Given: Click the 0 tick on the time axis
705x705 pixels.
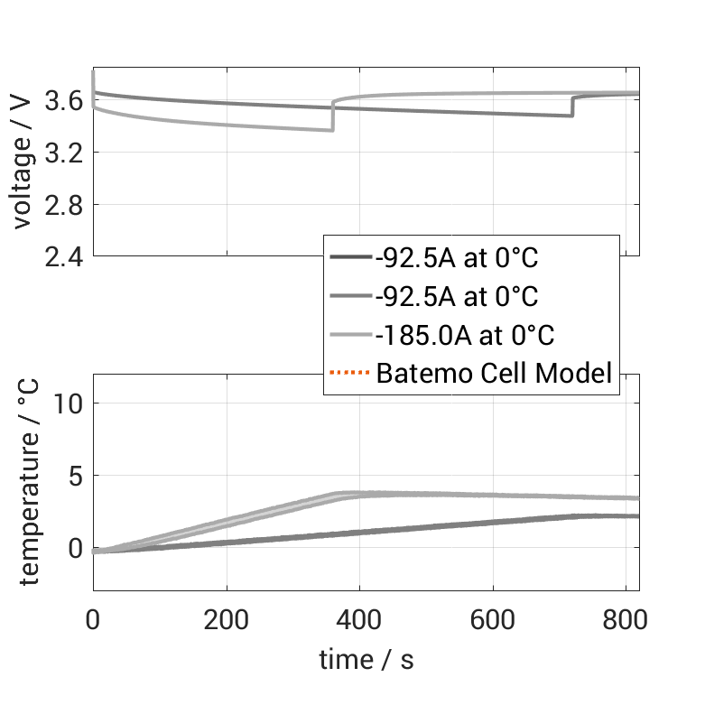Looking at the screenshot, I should (93, 620).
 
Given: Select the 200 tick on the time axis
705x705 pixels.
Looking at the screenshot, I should (227, 620).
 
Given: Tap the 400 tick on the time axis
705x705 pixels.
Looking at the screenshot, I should (360, 620).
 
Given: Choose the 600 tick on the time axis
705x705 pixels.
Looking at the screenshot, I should (493, 620).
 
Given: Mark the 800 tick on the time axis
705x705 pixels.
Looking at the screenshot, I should (626, 620).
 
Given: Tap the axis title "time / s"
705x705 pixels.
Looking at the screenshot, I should (366, 660).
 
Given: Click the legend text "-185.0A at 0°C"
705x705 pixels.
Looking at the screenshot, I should (466, 335).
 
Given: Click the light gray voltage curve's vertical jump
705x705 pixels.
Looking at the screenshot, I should (333, 116).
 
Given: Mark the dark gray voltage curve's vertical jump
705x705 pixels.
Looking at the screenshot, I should (572, 106).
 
